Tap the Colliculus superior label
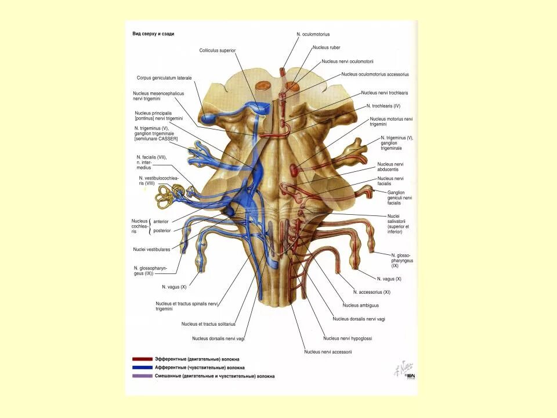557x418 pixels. coord(218,51)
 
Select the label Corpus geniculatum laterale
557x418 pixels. coord(164,78)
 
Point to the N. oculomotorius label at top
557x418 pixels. coord(313,35)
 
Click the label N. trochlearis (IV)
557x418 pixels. coord(384,106)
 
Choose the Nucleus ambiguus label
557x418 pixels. coord(360,305)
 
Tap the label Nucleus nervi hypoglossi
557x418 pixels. coord(348,338)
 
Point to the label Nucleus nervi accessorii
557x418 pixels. coord(328,351)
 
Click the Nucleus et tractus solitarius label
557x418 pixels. coord(208,324)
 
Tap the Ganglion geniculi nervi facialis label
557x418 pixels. coord(401,198)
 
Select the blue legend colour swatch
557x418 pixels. coord(142,367)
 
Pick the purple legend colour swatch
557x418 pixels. coord(142,376)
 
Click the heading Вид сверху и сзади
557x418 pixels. coord(154,34)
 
